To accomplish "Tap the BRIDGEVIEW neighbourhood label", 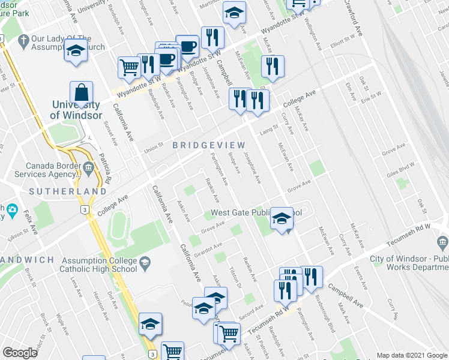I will [x=208, y=145].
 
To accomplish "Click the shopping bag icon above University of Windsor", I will [x=81, y=94].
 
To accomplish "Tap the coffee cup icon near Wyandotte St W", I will [x=187, y=46].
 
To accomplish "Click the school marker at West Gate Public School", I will [x=281, y=218].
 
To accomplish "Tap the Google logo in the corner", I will [x=20, y=353].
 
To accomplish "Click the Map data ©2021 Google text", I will [x=412, y=355].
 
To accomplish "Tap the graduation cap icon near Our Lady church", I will [x=76, y=52].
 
